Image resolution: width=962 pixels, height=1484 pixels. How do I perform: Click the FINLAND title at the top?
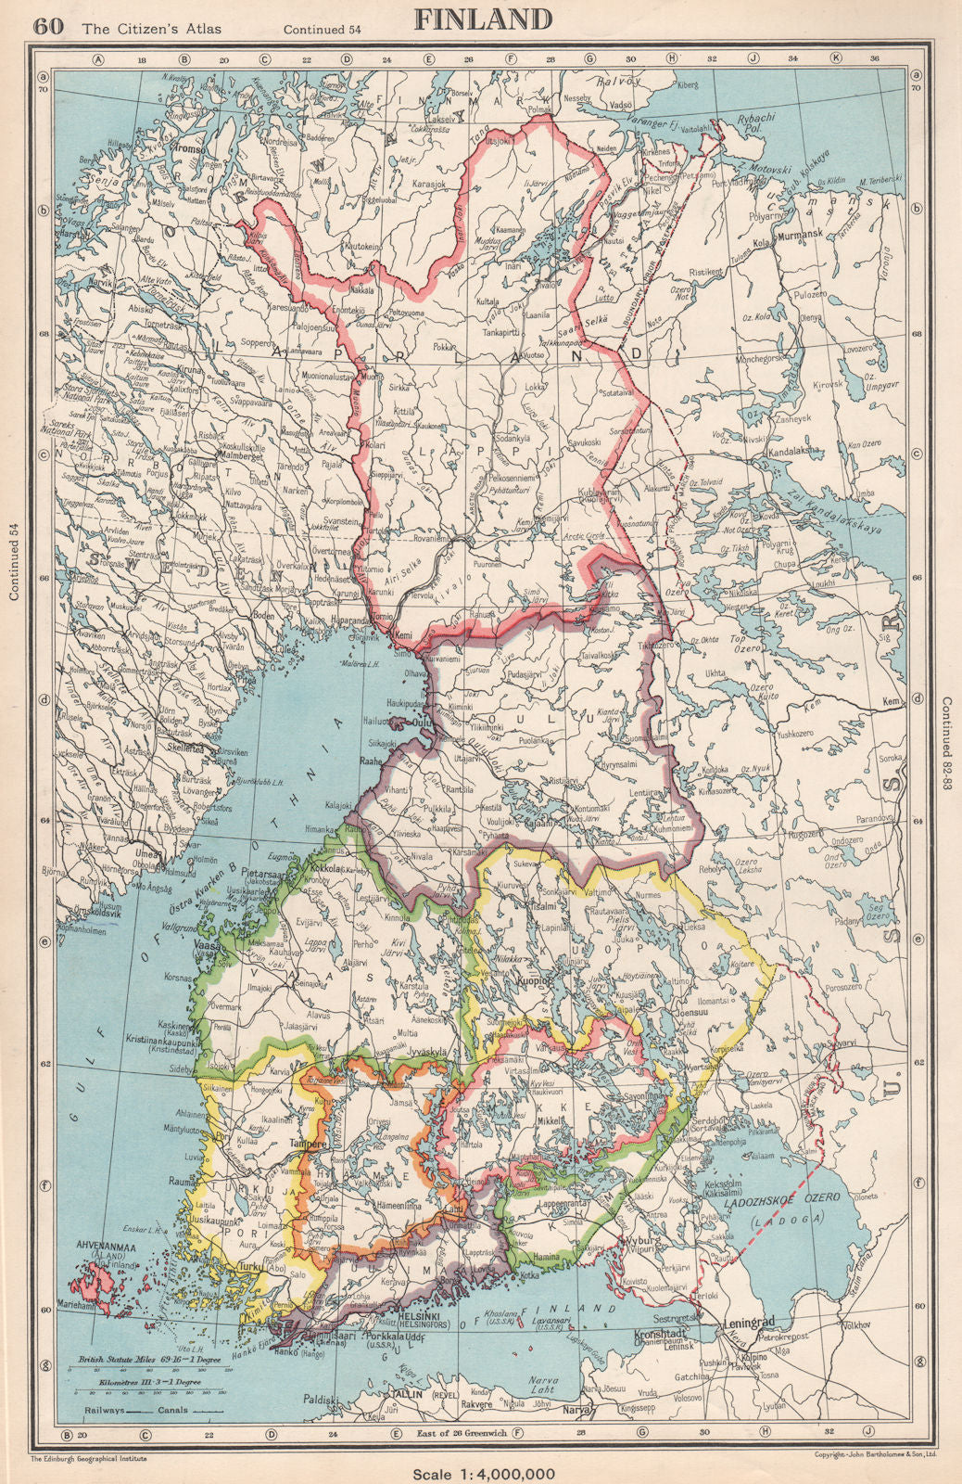click(482, 19)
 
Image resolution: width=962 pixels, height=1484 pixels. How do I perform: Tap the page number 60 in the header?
click(49, 26)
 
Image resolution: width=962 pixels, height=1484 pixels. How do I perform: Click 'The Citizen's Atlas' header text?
click(152, 28)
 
